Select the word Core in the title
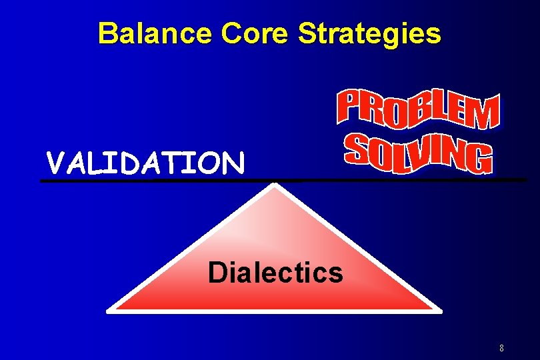pos(249,33)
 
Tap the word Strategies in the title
pos(369,33)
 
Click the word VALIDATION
pos(145,162)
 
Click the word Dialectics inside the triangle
pos(275,272)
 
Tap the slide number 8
pos(501,348)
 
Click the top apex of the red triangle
pos(274,186)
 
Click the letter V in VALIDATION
pos(55,162)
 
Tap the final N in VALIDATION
pos(233,162)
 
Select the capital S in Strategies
pos(307,33)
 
